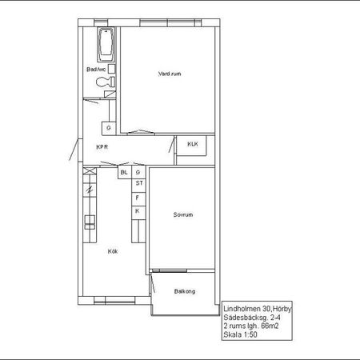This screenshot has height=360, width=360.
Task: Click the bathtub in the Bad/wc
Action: tap(106, 45)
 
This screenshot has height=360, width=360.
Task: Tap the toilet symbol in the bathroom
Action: tap(106, 82)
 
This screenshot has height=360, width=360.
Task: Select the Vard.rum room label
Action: tap(170, 74)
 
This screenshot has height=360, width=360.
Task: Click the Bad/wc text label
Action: tap(96, 70)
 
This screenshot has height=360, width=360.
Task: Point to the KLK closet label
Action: tap(193, 144)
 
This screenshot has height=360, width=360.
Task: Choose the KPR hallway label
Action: tap(102, 147)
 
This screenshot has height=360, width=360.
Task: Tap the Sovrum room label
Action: tap(183, 214)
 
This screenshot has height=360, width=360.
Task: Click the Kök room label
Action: tap(113, 251)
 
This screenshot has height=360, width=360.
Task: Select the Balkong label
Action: tap(185, 291)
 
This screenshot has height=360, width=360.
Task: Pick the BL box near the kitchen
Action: tap(124, 173)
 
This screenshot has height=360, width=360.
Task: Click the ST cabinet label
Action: tap(138, 183)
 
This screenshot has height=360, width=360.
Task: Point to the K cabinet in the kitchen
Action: tap(138, 213)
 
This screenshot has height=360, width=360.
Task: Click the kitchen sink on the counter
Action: tap(90, 222)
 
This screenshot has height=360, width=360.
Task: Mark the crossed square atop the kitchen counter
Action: tap(90, 171)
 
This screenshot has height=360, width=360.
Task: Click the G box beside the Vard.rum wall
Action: tap(109, 128)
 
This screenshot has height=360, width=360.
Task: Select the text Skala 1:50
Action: tap(240, 334)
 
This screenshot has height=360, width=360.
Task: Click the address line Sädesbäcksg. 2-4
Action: tap(252, 318)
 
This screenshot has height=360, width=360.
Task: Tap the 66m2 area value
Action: tap(270, 326)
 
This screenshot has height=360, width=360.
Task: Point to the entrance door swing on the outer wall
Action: tap(74, 150)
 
